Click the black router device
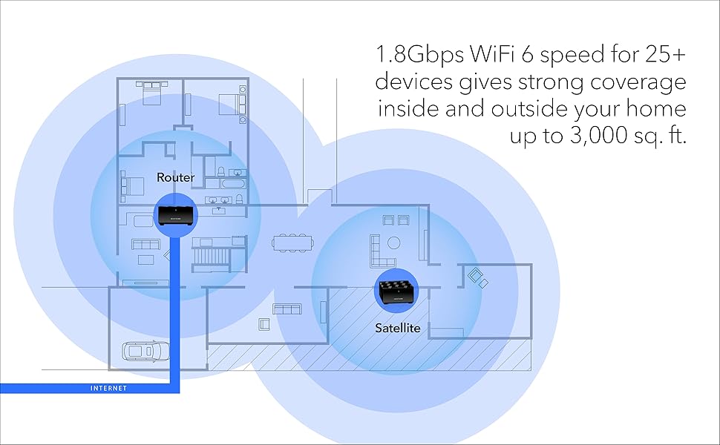coord(175,216)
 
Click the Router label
coord(175,178)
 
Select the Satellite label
coord(398,327)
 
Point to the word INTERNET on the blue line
coord(108,389)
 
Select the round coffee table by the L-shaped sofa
coord(393,243)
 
